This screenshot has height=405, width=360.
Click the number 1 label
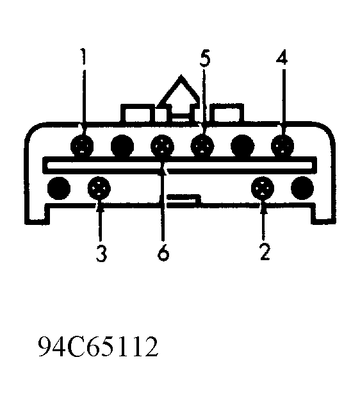click(83, 56)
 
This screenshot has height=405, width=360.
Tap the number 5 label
click(205, 59)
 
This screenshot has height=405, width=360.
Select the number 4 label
click(282, 56)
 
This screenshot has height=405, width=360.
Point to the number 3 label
click(101, 253)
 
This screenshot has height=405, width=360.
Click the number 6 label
click(163, 252)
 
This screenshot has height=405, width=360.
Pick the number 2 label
click(265, 251)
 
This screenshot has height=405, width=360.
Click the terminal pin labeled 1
click(82, 146)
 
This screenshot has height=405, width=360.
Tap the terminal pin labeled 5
click(202, 146)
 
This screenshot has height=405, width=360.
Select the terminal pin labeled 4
click(282, 145)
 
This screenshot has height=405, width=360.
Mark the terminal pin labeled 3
click(99, 188)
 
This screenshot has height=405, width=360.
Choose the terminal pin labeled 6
click(163, 147)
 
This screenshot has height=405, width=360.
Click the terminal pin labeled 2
click(263, 188)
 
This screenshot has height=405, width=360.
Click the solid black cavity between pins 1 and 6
click(122, 146)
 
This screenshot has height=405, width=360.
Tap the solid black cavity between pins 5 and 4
click(242, 146)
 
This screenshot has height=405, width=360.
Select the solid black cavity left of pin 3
click(59, 188)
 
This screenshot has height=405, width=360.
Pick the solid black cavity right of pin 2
click(302, 188)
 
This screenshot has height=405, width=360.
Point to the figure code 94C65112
click(98, 347)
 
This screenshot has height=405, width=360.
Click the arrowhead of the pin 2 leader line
click(264, 210)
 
